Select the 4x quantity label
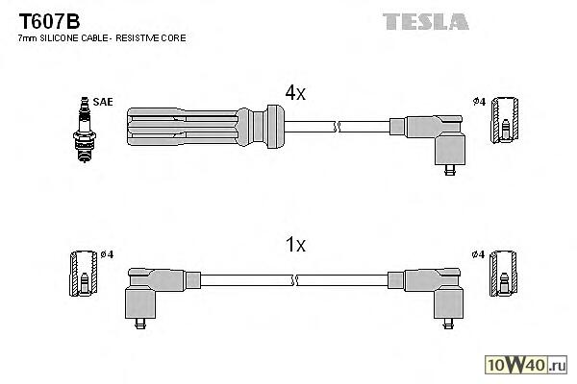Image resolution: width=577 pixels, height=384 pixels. click(x=294, y=93)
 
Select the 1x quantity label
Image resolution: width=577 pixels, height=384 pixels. click(x=295, y=245)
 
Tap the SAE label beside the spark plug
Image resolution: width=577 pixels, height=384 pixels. click(x=100, y=100)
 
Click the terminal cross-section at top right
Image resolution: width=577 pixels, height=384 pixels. click(x=503, y=121)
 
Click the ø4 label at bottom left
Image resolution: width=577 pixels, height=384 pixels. click(x=107, y=255)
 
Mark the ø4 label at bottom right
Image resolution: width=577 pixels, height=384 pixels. click(x=478, y=255)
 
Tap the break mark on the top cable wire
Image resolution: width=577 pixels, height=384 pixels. click(x=335, y=126)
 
